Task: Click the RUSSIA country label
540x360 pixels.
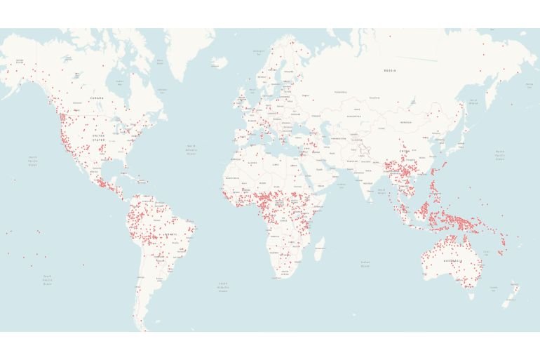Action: click(390, 71)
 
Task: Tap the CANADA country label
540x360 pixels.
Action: click(97, 98)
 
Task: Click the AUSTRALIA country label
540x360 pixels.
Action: click(450, 261)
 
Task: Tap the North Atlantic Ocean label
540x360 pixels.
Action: click(191, 150)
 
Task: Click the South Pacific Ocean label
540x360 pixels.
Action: click(47, 280)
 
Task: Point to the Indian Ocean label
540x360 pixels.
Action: click(365, 264)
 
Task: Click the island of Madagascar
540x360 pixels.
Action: click(319, 248)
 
